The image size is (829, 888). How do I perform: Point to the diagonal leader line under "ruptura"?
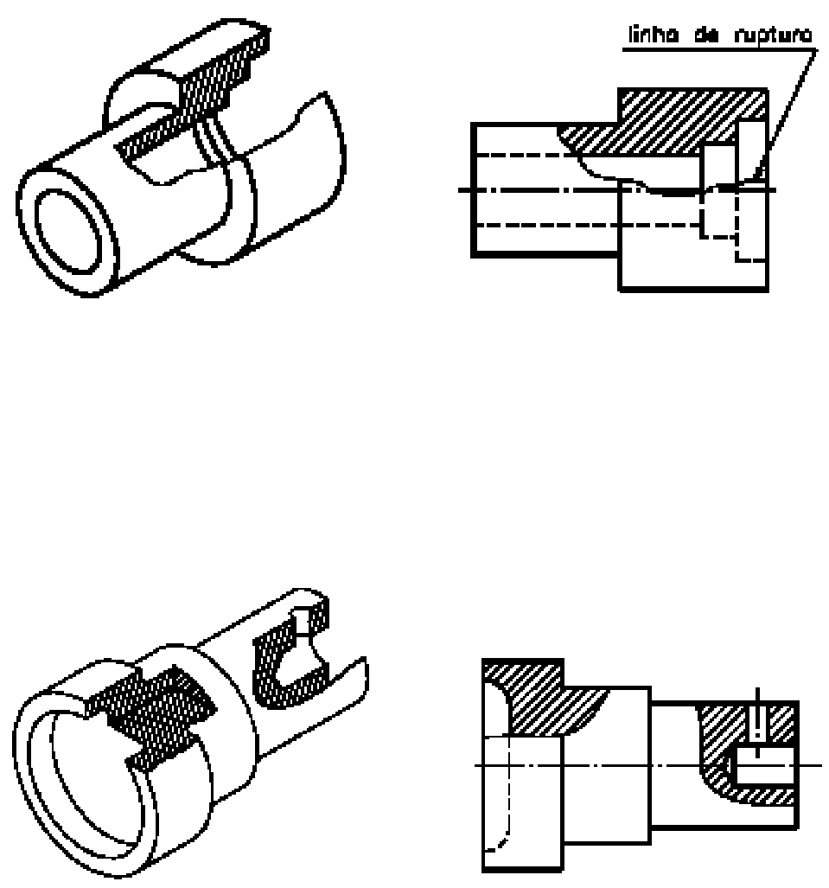[787, 112]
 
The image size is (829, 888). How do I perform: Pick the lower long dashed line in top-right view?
[553, 225]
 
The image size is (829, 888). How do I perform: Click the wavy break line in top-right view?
[605, 173]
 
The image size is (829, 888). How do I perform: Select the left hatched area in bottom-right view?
[536, 700]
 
